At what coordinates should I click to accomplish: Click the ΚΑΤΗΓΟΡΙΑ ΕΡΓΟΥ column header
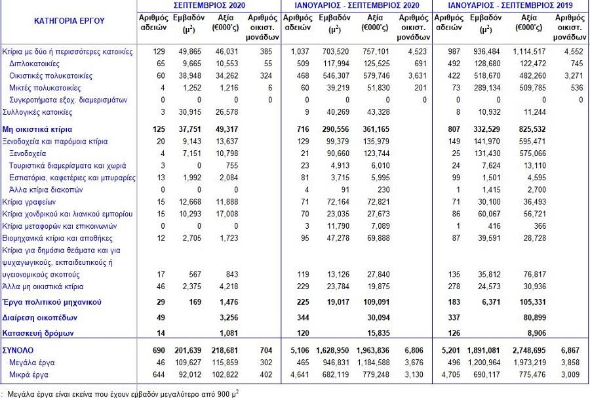pyautogui.click(x=69, y=21)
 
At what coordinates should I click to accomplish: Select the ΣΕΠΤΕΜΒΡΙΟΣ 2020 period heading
pyautogui.click(x=209, y=5)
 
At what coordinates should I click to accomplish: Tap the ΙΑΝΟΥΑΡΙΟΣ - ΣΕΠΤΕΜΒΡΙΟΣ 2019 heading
pyautogui.click(x=511, y=5)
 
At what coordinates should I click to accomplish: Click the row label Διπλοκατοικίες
pyautogui.click(x=34, y=64)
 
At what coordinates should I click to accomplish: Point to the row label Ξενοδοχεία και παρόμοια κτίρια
pyautogui.click(x=55, y=142)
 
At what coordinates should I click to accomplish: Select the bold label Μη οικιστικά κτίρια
pyautogui.click(x=37, y=129)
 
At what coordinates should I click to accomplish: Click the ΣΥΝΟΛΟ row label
pyautogui.click(x=18, y=351)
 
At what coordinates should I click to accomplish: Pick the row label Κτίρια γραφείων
pyautogui.click(x=29, y=202)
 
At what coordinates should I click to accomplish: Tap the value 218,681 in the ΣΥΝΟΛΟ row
pyautogui.click(x=224, y=351)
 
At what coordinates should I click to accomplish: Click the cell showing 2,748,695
pyautogui.click(x=528, y=351)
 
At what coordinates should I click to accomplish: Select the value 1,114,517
pyautogui.click(x=529, y=52)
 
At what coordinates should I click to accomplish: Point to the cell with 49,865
pyautogui.click(x=190, y=52)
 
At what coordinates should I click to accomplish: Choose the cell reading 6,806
pyautogui.click(x=414, y=351)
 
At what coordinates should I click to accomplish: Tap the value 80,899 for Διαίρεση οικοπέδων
pyautogui.click(x=534, y=317)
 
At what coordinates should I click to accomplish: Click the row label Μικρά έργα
pyautogui.click(x=29, y=374)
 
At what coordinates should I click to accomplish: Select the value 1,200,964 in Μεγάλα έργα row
pyautogui.click(x=484, y=363)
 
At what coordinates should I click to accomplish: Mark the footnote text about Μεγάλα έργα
pyautogui.click(x=123, y=394)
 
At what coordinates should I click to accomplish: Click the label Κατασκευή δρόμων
pyautogui.click(x=38, y=333)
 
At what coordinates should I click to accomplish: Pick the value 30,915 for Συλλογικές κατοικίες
pyautogui.click(x=190, y=112)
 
